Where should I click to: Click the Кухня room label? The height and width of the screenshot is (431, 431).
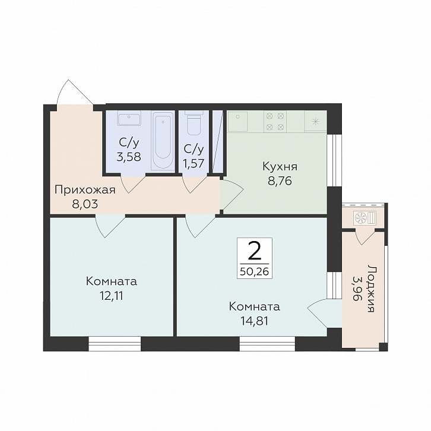tap(280, 167)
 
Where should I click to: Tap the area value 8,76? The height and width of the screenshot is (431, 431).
tap(280, 181)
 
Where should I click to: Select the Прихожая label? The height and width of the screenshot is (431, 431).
tap(85, 191)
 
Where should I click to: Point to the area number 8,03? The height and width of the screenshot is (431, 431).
tap(85, 204)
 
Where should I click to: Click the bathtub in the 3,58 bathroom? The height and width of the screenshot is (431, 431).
tap(163, 142)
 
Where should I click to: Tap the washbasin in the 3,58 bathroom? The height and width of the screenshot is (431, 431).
tap(129, 118)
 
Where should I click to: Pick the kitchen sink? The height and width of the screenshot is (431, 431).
tap(237, 121)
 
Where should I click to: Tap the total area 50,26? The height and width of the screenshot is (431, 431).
tap(254, 272)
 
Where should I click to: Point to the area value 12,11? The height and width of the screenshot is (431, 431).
tap(112, 296)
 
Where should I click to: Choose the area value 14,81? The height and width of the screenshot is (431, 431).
tap(255, 321)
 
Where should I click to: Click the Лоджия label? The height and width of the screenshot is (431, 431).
tap(371, 289)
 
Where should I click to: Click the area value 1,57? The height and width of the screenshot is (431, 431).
tap(194, 163)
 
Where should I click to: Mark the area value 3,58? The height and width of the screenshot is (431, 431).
tap(129, 157)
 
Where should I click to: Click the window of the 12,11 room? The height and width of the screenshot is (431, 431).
tap(115, 344)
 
